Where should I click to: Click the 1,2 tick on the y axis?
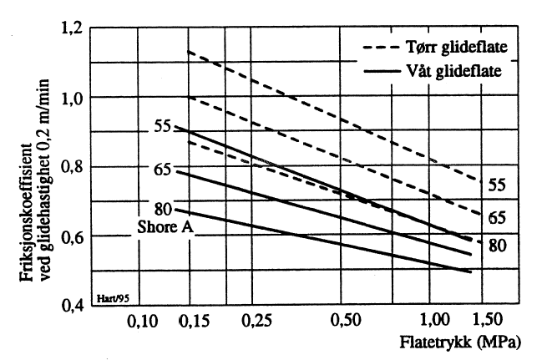73,29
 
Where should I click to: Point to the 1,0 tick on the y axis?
73,99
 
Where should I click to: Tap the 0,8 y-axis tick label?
73,167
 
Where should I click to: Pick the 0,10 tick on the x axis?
145,320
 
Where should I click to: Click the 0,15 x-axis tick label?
195,320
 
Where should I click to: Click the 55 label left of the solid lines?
162,126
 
